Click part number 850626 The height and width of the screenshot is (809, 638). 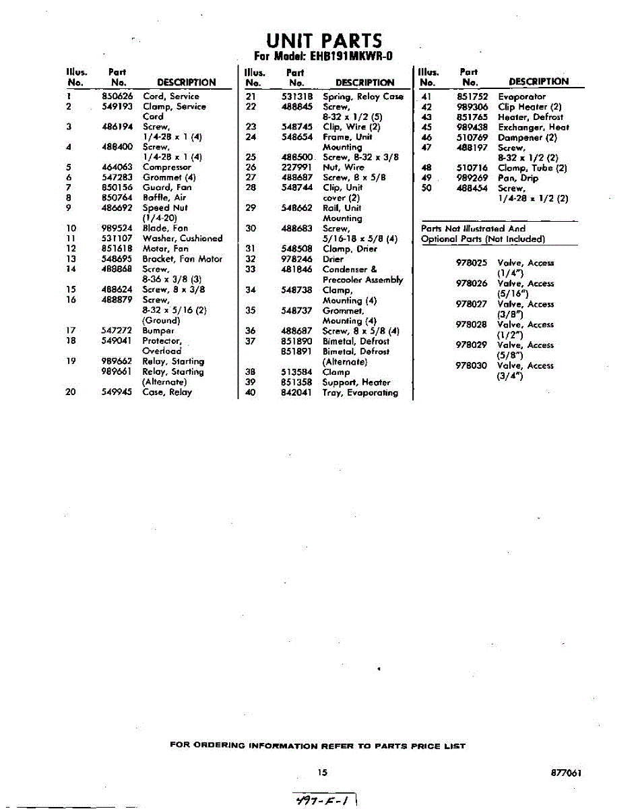tap(117, 96)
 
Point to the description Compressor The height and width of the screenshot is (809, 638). tap(166, 167)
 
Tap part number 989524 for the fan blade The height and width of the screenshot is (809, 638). tap(117, 229)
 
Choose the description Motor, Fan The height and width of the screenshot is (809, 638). tap(165, 249)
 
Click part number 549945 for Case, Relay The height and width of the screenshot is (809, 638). tap(117, 392)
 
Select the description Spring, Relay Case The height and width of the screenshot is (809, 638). tap(362, 96)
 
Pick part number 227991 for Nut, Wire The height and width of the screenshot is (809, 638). tap(296, 167)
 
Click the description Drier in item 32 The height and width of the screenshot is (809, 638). tap(333, 259)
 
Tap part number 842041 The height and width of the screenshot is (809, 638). tap(296, 392)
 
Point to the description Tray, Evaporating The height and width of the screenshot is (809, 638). tap(360, 392)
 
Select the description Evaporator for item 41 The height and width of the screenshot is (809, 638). tap(521, 96)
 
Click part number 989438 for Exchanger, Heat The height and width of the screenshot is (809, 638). tap(472, 127)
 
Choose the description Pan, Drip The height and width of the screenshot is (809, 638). tap(518, 178)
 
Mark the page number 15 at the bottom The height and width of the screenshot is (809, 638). tap(323, 773)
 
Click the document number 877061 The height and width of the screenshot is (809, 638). tap(565, 773)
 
